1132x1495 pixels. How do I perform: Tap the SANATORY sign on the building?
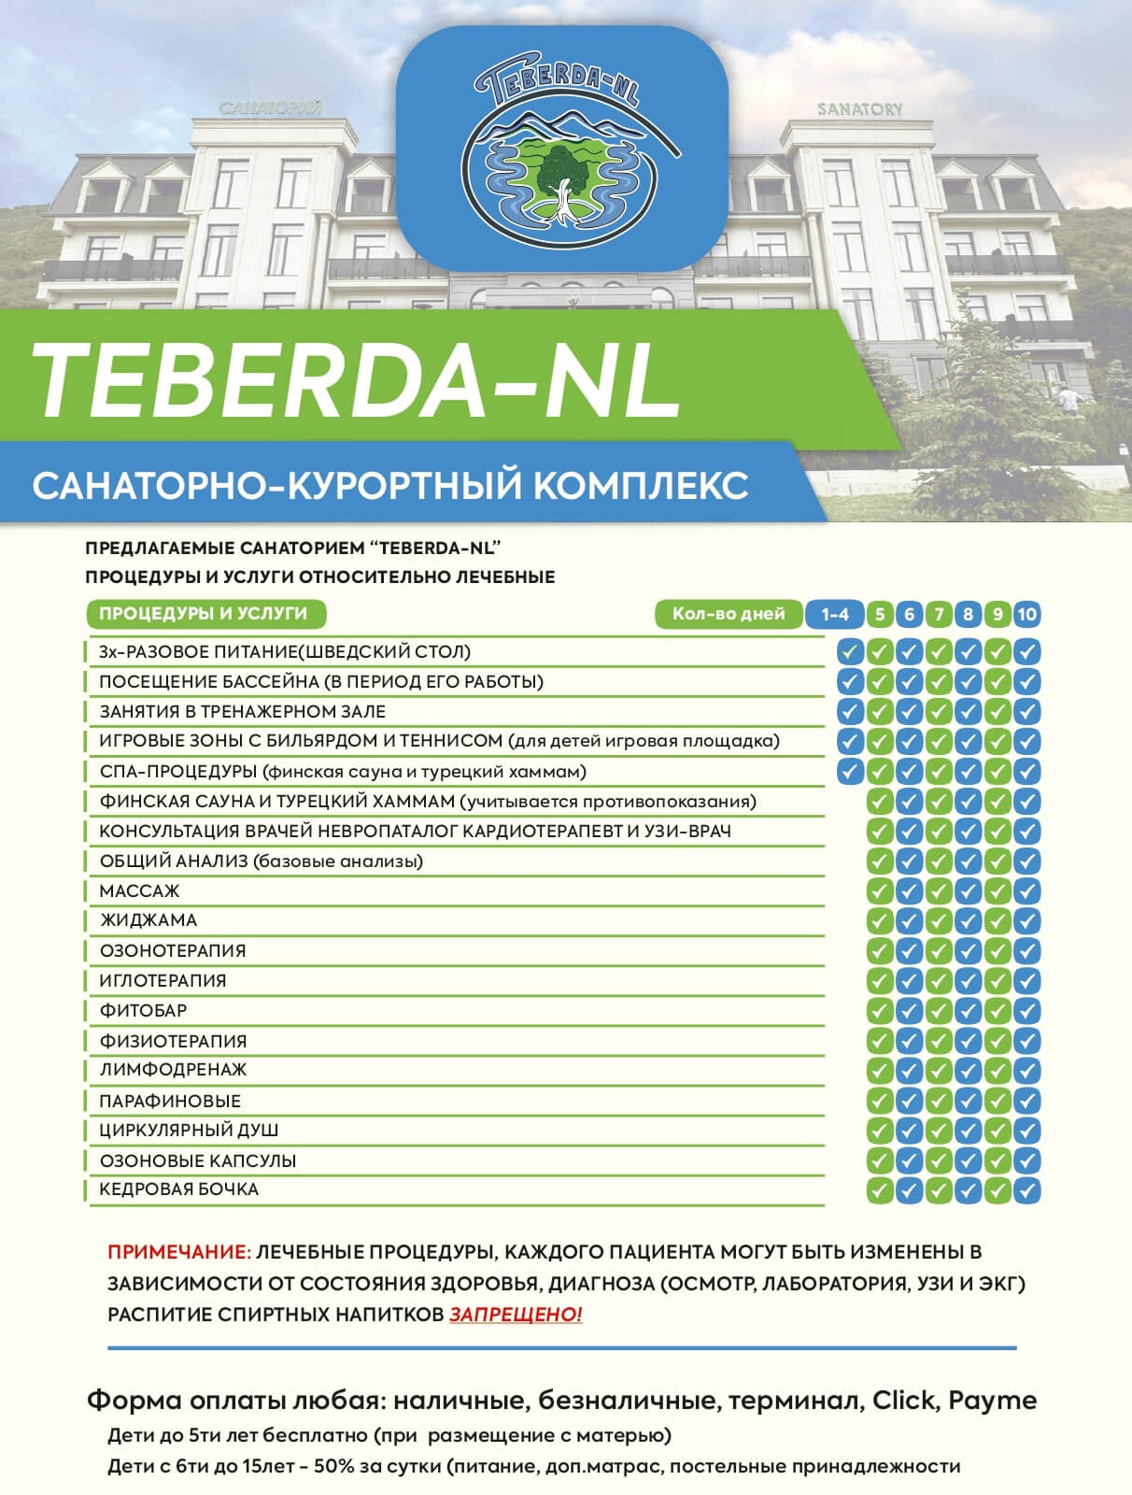[859, 109]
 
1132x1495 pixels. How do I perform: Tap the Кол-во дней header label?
[729, 614]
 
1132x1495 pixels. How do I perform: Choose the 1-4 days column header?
[834, 614]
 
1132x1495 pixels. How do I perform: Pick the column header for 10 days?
[1027, 614]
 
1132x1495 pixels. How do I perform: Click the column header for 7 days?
[939, 614]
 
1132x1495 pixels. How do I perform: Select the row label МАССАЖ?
[139, 891]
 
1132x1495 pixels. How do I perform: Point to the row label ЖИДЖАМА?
[149, 920]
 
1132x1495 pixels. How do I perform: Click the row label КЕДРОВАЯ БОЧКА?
[178, 1189]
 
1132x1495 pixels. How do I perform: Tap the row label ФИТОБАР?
[143, 1010]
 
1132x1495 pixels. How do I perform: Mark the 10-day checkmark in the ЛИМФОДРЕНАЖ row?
[1027, 1070]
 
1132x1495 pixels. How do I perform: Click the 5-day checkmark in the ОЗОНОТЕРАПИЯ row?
[879, 950]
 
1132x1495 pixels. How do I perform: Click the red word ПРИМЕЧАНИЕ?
[179, 1252]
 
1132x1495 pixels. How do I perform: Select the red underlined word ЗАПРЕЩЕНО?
[516, 1315]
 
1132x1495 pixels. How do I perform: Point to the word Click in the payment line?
[903, 1401]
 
